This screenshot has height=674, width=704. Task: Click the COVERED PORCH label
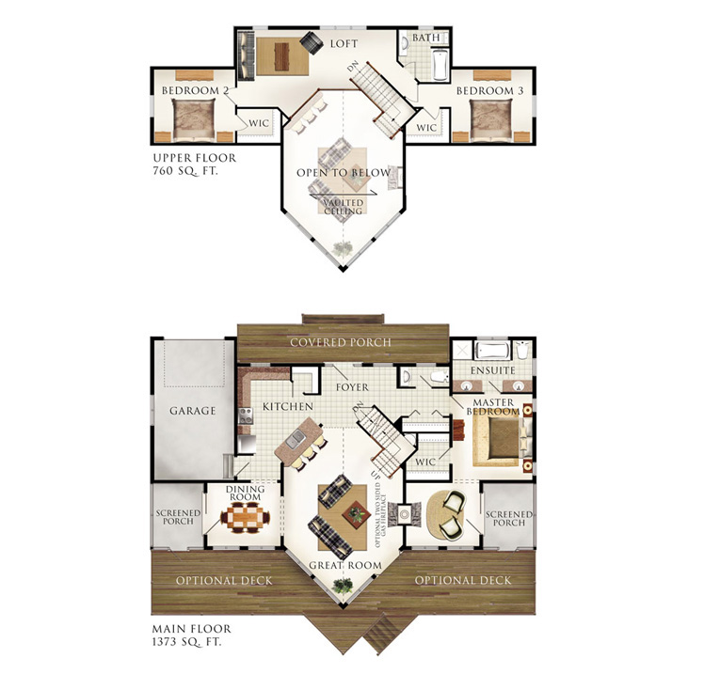click(x=341, y=341)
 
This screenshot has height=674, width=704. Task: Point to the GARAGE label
click(x=193, y=411)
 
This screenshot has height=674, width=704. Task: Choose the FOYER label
click(x=352, y=386)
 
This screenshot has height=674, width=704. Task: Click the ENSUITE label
click(x=494, y=370)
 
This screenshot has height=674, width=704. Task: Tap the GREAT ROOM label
click(x=345, y=565)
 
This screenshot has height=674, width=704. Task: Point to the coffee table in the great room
click(x=356, y=513)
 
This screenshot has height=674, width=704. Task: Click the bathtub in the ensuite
click(x=492, y=351)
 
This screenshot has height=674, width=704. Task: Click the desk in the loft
click(x=280, y=54)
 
